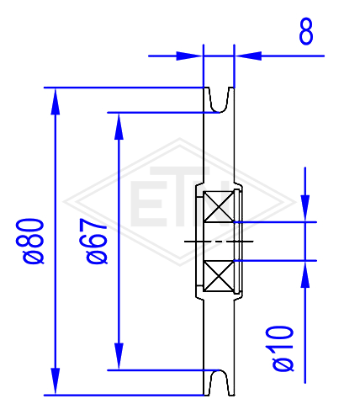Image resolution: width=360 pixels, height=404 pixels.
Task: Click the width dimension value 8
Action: [306, 31]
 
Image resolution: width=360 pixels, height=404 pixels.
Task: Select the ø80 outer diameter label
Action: [34, 242]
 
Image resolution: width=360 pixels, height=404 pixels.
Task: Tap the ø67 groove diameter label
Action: [97, 242]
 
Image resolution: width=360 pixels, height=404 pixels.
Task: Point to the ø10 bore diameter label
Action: [283, 348]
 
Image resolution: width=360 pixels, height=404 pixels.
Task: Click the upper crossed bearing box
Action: [219, 206]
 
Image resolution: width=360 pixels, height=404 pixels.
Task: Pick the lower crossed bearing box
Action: [219, 276]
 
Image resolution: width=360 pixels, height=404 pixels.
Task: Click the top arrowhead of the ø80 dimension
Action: [56, 101]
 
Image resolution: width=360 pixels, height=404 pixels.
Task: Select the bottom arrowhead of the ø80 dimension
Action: [56, 381]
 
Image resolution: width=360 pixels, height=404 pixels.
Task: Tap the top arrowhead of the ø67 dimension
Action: [119, 126]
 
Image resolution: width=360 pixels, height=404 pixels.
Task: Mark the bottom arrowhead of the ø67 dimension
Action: [119, 357]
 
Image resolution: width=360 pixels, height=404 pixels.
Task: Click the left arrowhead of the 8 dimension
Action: [189, 56]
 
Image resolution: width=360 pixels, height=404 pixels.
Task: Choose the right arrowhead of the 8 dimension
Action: [248, 56]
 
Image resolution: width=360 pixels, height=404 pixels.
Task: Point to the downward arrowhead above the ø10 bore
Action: [305, 209]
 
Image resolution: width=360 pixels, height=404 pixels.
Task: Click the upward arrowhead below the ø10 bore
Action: [305, 274]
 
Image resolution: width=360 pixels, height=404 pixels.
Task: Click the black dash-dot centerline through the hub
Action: [219, 242]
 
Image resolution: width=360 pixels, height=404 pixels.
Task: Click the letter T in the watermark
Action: [179, 196]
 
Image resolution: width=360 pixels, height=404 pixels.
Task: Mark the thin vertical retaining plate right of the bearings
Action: [237, 242]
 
